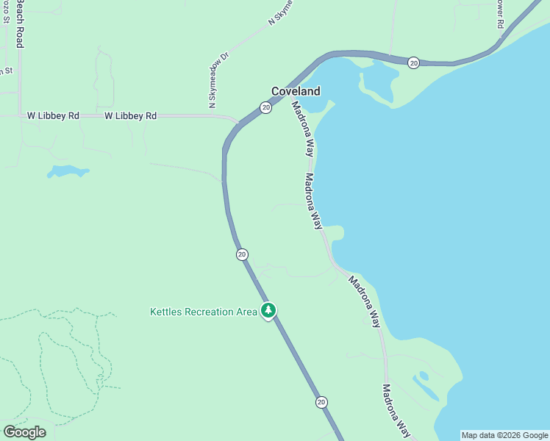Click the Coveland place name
(x=296, y=91)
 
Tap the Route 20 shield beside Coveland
(x=265, y=108)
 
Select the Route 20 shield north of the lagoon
(x=414, y=64)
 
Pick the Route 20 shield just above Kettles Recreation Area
(x=242, y=254)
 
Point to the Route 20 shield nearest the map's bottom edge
(x=321, y=402)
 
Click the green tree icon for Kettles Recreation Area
(x=269, y=311)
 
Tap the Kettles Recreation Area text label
(x=204, y=312)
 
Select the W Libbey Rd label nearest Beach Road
(x=52, y=116)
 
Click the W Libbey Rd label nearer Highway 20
(x=130, y=116)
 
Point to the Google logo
(x=24, y=432)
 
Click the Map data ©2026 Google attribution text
(x=504, y=435)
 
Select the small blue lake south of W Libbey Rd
(x=68, y=172)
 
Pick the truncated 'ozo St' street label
(x=6, y=71)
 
